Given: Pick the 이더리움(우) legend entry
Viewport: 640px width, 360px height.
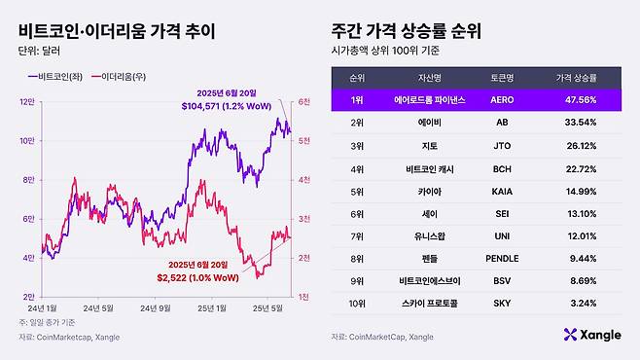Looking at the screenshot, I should [x=130, y=75].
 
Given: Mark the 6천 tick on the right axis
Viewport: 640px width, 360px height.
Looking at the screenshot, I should [x=303, y=100].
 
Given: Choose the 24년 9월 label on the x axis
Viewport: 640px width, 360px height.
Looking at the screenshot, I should [x=157, y=308].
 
